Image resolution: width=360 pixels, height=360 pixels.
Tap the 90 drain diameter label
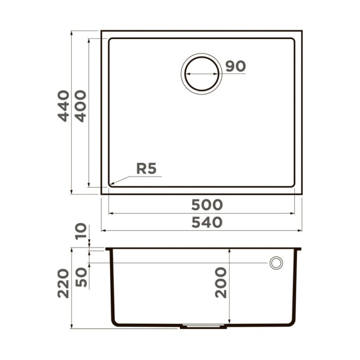tap(235, 66)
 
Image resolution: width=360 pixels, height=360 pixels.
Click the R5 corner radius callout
tap(146, 169)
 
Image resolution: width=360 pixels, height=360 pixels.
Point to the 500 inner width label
tap(207, 205)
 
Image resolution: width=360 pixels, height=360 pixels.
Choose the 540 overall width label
tap(207, 223)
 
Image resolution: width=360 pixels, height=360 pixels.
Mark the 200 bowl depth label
tap(221, 283)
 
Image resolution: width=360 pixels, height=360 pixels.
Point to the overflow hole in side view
tap(276, 263)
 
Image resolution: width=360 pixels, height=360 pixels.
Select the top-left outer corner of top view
tap(101, 31)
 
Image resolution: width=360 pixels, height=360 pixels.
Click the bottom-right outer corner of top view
tap(301, 193)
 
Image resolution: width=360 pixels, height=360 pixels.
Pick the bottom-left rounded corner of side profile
tap(115, 322)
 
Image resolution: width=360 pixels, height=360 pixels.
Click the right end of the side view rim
tap(300, 249)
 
